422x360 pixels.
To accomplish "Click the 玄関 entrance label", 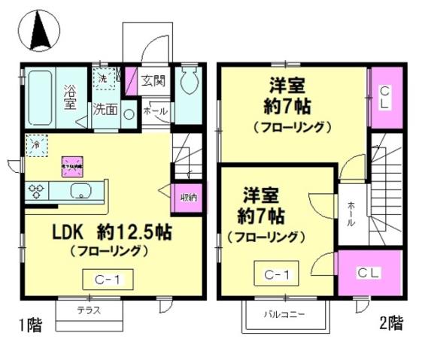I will pos(153,78).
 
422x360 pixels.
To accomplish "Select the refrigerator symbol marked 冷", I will pos(35,144).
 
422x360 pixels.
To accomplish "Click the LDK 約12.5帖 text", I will pos(111,233).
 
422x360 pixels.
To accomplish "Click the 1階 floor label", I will pos(30,325).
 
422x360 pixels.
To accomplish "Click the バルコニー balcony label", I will pos(284,313).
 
